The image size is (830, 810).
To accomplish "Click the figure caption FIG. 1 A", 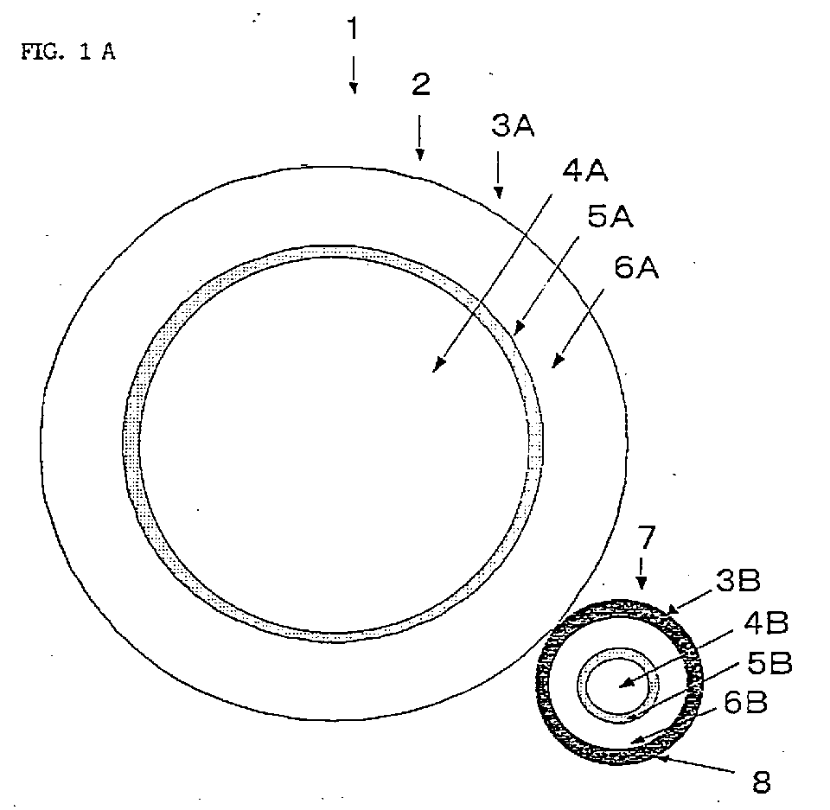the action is [x=68, y=52].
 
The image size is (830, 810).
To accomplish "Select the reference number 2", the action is [x=421, y=85].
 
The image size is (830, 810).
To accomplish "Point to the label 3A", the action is [x=513, y=126].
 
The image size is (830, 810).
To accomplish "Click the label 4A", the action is [x=584, y=171].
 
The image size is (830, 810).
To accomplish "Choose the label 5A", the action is [x=610, y=216].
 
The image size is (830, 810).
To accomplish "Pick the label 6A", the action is [x=637, y=267].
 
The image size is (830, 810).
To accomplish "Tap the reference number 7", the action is [x=647, y=538].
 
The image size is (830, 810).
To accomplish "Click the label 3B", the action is [x=737, y=580].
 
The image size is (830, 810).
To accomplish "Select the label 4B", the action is [x=766, y=622].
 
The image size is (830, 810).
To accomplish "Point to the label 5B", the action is [x=769, y=663].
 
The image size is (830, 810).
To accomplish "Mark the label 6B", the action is [x=745, y=703].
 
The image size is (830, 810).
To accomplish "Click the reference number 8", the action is [x=761, y=782].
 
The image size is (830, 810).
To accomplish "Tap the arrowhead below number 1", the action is [x=354, y=88].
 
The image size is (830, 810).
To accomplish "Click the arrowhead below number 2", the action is [x=420, y=154].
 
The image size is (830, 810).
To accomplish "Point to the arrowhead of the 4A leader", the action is [x=437, y=366].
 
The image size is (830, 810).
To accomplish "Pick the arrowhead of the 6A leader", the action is [x=557, y=360].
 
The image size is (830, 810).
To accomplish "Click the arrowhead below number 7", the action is [x=642, y=583].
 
